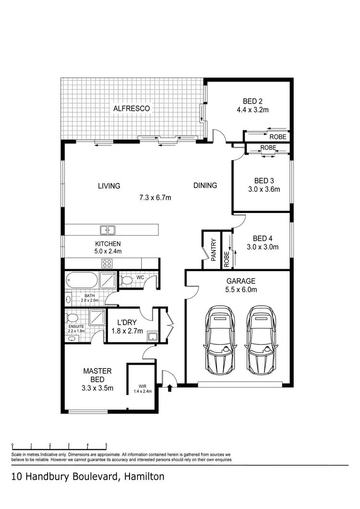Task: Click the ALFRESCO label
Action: pyautogui.click(x=132, y=109)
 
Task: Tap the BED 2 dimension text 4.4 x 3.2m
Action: pyautogui.click(x=252, y=110)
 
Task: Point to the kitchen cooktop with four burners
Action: pyautogui.click(x=107, y=263)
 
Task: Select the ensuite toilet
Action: pyautogui.click(x=72, y=318)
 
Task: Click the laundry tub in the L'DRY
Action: pyautogui.click(x=153, y=336)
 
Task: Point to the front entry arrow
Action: pyautogui.click(x=169, y=387)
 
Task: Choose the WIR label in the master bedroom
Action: pyautogui.click(x=143, y=385)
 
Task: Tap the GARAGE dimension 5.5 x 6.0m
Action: pyautogui.click(x=241, y=289)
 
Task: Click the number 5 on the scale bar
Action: pyautogui.click(x=106, y=445)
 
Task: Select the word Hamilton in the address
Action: pyautogui.click(x=144, y=477)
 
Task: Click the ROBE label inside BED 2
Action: pyautogui.click(x=280, y=137)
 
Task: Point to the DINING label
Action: pyautogui.click(x=205, y=186)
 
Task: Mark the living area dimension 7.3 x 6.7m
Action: pyautogui.click(x=155, y=197)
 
